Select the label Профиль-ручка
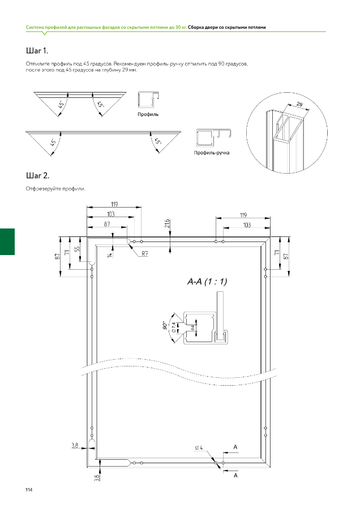[x=211, y=153]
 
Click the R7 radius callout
[x=145, y=253]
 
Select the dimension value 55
[x=78, y=249]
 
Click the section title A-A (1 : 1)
[x=207, y=282]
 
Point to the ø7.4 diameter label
[x=174, y=326]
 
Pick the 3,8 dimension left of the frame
[x=75, y=446]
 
